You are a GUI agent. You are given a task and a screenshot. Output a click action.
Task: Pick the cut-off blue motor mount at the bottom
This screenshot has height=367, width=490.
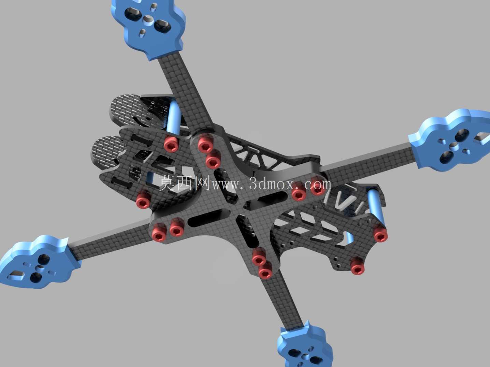[x=305, y=348]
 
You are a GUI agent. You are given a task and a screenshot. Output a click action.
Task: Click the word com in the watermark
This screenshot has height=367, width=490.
[x=318, y=185]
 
